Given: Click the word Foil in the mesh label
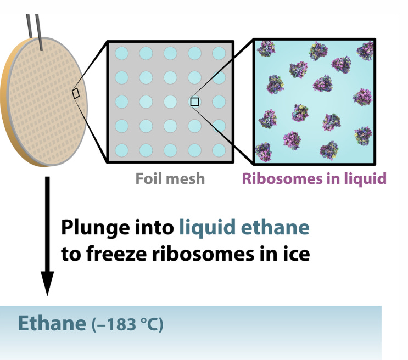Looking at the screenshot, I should [x=148, y=178].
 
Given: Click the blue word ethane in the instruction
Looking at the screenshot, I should [x=271, y=227].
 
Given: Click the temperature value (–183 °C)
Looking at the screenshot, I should [x=127, y=324].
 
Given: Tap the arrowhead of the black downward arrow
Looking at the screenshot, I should [x=48, y=284].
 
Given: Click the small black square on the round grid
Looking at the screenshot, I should [x=76, y=94].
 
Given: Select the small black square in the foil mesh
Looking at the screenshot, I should [x=194, y=102].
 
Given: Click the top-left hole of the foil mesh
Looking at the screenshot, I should [x=121, y=53].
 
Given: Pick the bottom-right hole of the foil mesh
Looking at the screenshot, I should [x=219, y=149].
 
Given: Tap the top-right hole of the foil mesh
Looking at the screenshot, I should [x=219, y=53].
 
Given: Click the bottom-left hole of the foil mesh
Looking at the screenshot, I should [x=121, y=149].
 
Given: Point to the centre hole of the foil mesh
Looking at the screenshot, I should [x=170, y=102].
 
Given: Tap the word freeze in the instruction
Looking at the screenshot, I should [x=118, y=255].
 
